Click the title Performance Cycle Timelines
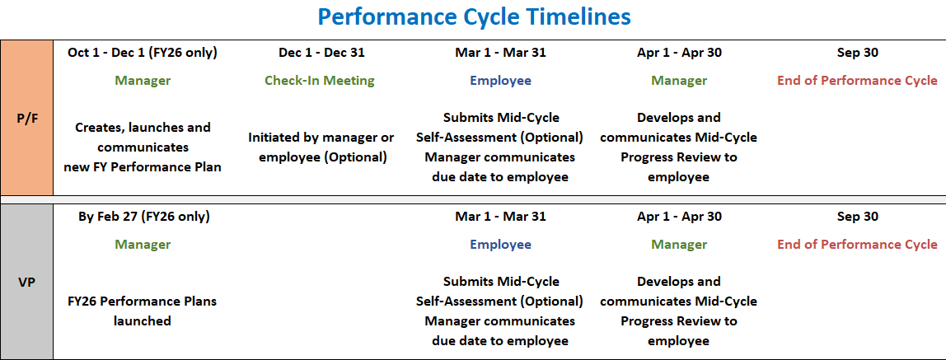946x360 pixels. click(474, 16)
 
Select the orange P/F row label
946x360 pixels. click(26, 118)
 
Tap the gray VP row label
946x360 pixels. click(26, 281)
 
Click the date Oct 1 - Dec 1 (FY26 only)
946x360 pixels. click(143, 53)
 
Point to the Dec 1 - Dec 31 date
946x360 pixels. click(321, 53)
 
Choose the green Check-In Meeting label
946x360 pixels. click(320, 81)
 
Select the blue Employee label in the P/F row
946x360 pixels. click(500, 81)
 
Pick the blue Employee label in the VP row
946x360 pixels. click(500, 245)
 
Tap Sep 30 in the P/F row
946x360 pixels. click(857, 53)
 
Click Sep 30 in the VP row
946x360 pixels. click(857, 217)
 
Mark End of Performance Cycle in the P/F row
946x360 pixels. click(857, 81)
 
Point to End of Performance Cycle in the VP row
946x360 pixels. click(857, 245)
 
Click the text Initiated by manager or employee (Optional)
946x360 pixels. click(321, 147)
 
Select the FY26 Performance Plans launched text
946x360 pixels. click(143, 311)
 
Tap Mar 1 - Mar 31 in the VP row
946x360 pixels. click(500, 217)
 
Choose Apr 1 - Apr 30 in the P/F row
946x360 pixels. click(679, 53)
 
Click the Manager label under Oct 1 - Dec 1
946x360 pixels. click(143, 81)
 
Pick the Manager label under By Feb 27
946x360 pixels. click(143, 245)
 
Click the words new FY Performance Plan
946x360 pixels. click(143, 167)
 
